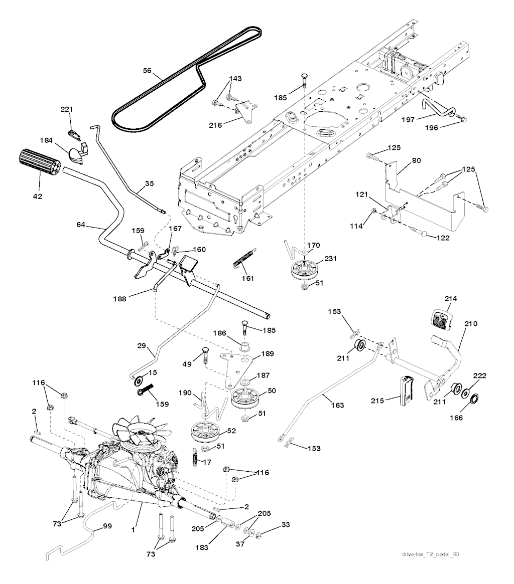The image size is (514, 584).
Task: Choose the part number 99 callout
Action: (x=107, y=526)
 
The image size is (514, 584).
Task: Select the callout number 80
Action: (x=417, y=161)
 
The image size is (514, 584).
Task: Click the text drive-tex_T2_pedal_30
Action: (x=431, y=554)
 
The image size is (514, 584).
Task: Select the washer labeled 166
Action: (x=473, y=399)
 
